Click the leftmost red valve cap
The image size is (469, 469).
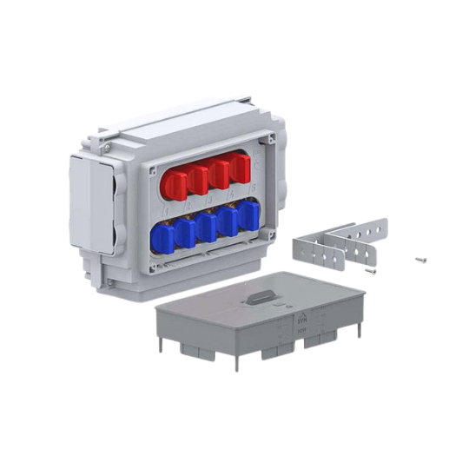(174, 183)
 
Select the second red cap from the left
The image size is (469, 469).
(197, 178)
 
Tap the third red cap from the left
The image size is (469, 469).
(219, 173)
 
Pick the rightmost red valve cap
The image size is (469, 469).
(240, 168)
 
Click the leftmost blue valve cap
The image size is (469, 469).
(162, 236)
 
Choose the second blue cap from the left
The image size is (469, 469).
(184, 232)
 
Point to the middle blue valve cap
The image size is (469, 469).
(206, 227)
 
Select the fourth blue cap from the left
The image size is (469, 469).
(228, 221)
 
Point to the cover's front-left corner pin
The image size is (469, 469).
(160, 345)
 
